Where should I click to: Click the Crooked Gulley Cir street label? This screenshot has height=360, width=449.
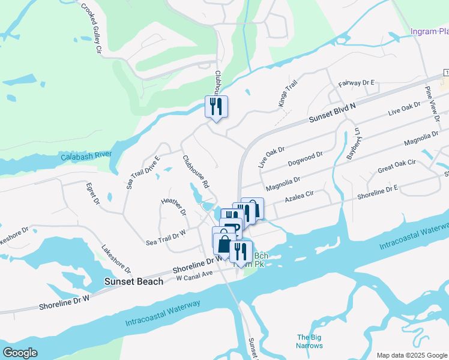coord(89,29)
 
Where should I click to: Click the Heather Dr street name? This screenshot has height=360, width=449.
coord(174,208)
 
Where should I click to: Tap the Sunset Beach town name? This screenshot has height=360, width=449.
coord(133,281)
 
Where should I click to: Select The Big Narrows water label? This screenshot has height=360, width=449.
coord(310,341)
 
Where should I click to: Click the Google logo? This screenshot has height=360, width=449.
coord(20,352)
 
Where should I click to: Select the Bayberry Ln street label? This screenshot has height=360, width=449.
coord(354,144)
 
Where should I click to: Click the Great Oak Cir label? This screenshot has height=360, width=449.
coord(396,166)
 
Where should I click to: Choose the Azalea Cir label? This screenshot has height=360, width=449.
coord(300,196)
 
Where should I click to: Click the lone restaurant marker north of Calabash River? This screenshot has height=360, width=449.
coord(216,106)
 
